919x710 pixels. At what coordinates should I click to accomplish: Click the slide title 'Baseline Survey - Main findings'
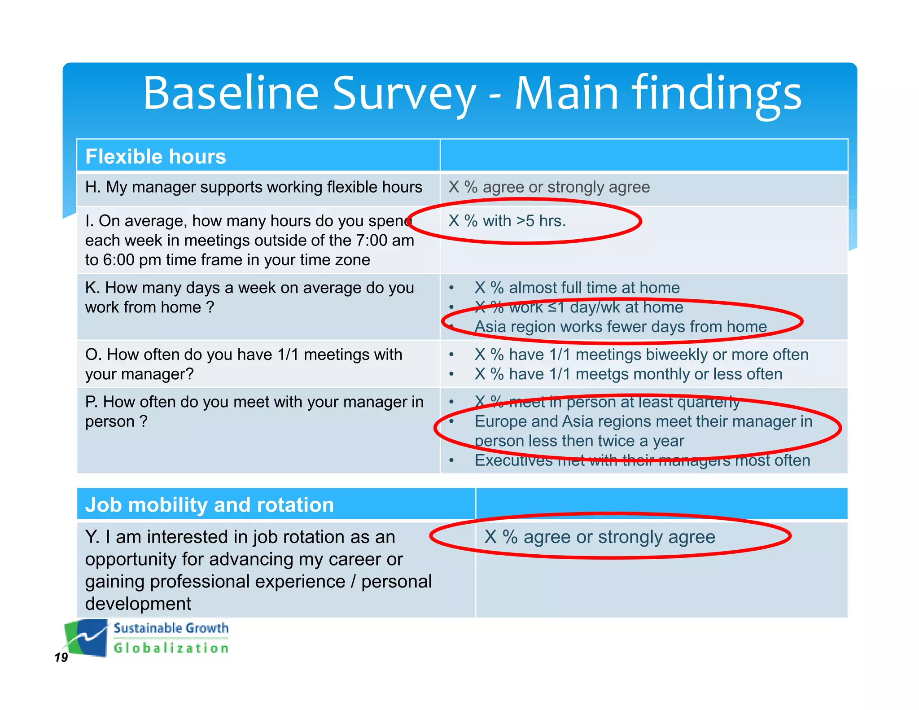click(x=472, y=93)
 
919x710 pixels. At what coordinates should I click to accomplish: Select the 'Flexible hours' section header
click(x=155, y=157)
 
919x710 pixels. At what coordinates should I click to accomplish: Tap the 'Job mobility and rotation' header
click(x=210, y=505)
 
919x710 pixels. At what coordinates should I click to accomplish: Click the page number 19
click(x=61, y=657)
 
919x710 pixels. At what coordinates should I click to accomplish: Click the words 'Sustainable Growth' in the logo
click(x=171, y=628)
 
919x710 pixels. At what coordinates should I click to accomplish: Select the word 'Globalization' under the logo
click(x=171, y=648)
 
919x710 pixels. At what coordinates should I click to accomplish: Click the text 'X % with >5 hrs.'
click(x=507, y=221)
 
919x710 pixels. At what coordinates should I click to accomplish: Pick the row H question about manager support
click(x=254, y=187)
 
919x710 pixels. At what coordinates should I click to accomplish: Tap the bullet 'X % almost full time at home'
click(x=577, y=288)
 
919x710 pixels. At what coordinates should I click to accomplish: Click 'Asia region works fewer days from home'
click(x=621, y=327)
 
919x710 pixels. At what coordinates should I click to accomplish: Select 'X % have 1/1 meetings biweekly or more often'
click(x=641, y=355)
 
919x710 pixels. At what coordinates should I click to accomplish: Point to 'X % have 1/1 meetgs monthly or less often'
click(x=628, y=374)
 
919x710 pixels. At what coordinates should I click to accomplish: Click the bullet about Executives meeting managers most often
click(x=642, y=460)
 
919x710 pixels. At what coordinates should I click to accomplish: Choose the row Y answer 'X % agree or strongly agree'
click(x=600, y=537)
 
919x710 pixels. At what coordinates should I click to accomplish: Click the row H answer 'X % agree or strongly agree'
click(x=549, y=187)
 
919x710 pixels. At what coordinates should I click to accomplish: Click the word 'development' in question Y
click(x=138, y=604)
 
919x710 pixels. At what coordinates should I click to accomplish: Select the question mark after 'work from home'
click(x=210, y=307)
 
